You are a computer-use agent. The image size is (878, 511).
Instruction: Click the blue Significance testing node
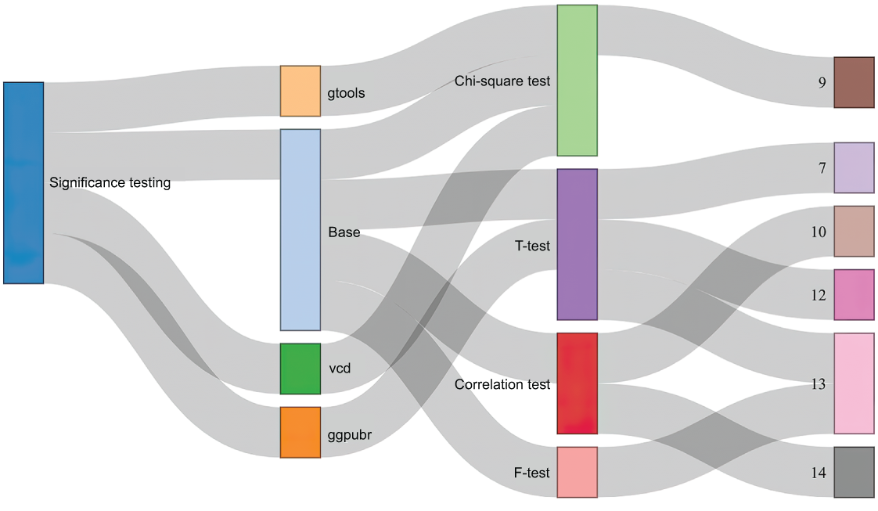tap(23, 183)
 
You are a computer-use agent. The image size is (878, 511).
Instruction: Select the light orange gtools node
tap(300, 92)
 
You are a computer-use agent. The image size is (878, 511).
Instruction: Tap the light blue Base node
tap(300, 230)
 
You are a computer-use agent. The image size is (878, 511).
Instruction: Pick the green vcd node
tap(300, 369)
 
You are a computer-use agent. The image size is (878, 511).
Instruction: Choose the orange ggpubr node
tap(300, 432)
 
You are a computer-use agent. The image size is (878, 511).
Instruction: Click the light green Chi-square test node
tap(578, 81)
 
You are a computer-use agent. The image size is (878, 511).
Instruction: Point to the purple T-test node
tap(578, 245)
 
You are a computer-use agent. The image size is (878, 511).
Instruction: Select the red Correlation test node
tap(578, 383)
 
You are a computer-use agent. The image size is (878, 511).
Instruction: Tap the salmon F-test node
tap(578, 472)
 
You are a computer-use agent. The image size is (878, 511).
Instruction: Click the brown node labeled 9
tap(854, 82)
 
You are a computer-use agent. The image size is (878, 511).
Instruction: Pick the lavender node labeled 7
tap(854, 168)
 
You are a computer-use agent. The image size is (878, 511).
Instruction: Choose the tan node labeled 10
tap(854, 231)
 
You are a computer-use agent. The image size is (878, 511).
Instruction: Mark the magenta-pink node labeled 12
tap(854, 294)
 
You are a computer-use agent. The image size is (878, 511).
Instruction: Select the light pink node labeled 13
tap(854, 383)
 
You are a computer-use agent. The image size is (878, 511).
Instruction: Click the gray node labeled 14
tap(854, 472)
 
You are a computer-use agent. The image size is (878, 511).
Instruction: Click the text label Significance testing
tap(110, 183)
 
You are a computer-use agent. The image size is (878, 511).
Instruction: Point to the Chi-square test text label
tap(502, 81)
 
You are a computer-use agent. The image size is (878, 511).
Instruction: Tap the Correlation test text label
tap(502, 384)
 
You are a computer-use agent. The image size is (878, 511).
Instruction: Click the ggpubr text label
tap(350, 435)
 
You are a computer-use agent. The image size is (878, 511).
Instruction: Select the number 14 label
tap(818, 473)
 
